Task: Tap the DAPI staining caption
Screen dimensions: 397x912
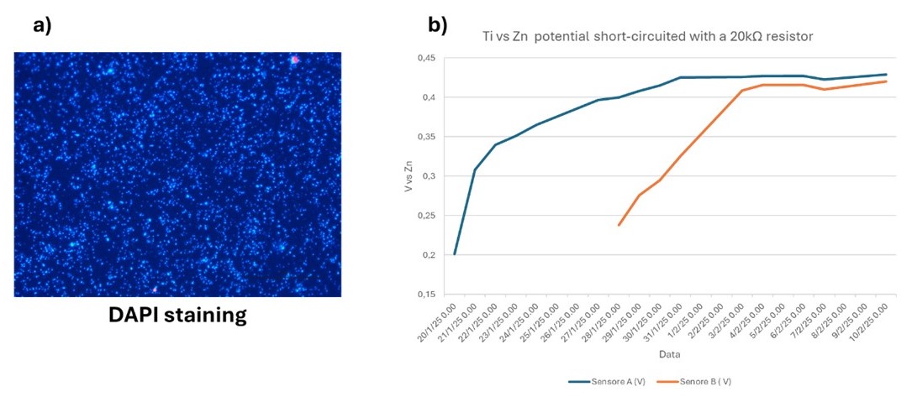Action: pos(177,316)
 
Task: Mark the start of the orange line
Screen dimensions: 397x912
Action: pos(619,225)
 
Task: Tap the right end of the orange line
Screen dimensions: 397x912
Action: pos(886,81)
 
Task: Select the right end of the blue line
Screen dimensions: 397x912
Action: pos(886,74)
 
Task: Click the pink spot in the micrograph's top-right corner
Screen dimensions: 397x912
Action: pos(294,60)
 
